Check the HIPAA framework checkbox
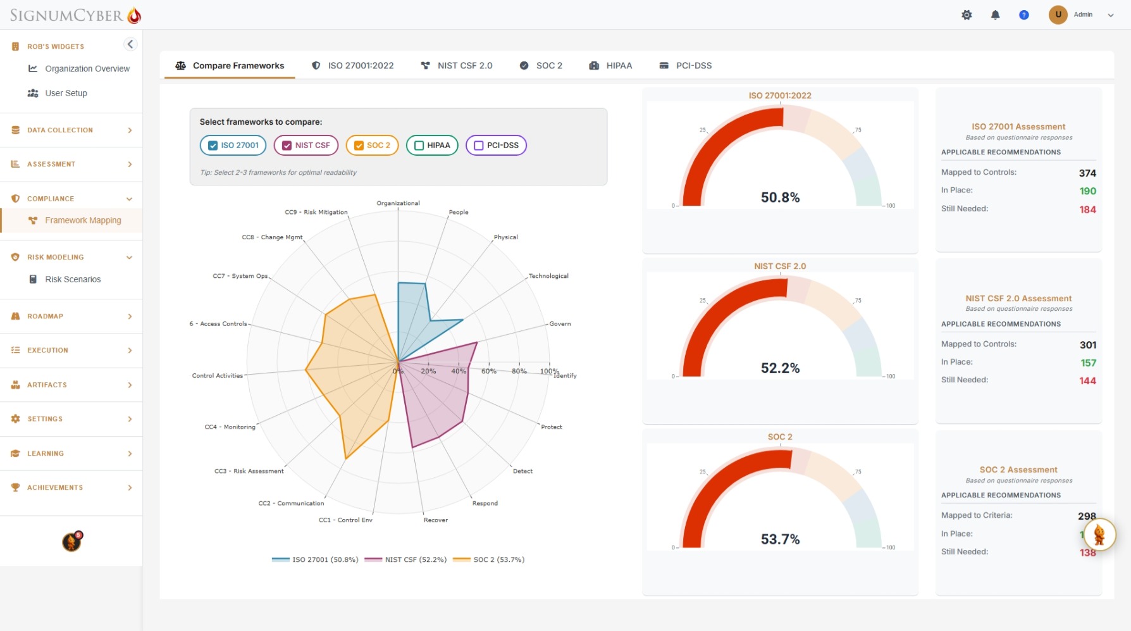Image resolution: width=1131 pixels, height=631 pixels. pos(419,146)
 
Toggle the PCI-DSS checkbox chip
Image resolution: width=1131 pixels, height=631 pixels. pos(479,146)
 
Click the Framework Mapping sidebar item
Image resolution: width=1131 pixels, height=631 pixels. pos(83,220)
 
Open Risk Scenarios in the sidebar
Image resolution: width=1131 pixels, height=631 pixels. pos(73,279)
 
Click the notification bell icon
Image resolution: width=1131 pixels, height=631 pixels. pos(995,15)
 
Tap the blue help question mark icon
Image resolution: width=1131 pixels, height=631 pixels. pos(1023,15)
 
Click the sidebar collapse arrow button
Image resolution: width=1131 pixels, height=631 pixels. pos(130,44)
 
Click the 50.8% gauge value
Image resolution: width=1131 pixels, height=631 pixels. pos(780,197)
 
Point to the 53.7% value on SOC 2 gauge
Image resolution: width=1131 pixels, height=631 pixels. pos(780,539)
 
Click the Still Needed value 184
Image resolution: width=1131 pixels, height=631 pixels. pos(1087,209)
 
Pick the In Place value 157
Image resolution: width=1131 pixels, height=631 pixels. pos(1087,363)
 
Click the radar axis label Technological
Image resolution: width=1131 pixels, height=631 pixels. pos(548,276)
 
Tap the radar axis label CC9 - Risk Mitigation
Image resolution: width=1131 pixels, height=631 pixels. pos(316,212)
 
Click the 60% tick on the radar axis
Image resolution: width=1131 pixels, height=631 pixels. pos(488,371)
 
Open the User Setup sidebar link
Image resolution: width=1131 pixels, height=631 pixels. pos(66,93)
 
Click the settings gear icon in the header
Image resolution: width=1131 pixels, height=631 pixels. pos(967,15)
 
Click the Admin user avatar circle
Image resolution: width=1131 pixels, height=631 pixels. pos(1058,15)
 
